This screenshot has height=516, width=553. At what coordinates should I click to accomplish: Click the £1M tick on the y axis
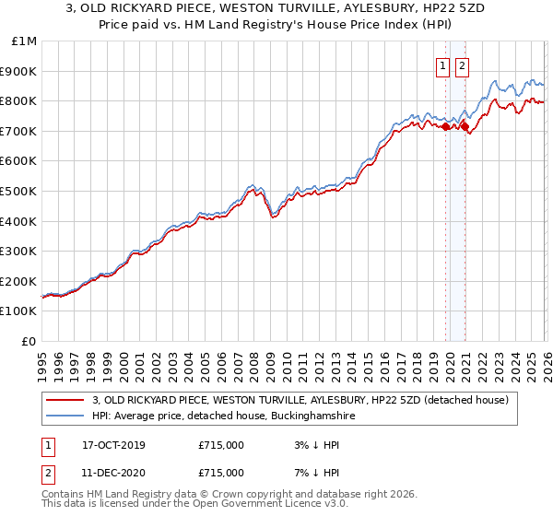coord(25,41)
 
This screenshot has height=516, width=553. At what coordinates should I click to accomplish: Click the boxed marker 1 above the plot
coord(443,65)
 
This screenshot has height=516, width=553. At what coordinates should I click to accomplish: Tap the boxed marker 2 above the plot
coord(462,65)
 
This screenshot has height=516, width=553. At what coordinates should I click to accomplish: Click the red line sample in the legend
coord(65,400)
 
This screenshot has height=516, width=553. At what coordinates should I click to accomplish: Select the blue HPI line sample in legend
coord(65,416)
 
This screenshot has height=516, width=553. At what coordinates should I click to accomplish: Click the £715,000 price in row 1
coord(221,445)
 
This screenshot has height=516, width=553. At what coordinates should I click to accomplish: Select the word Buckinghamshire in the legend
coord(298,416)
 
